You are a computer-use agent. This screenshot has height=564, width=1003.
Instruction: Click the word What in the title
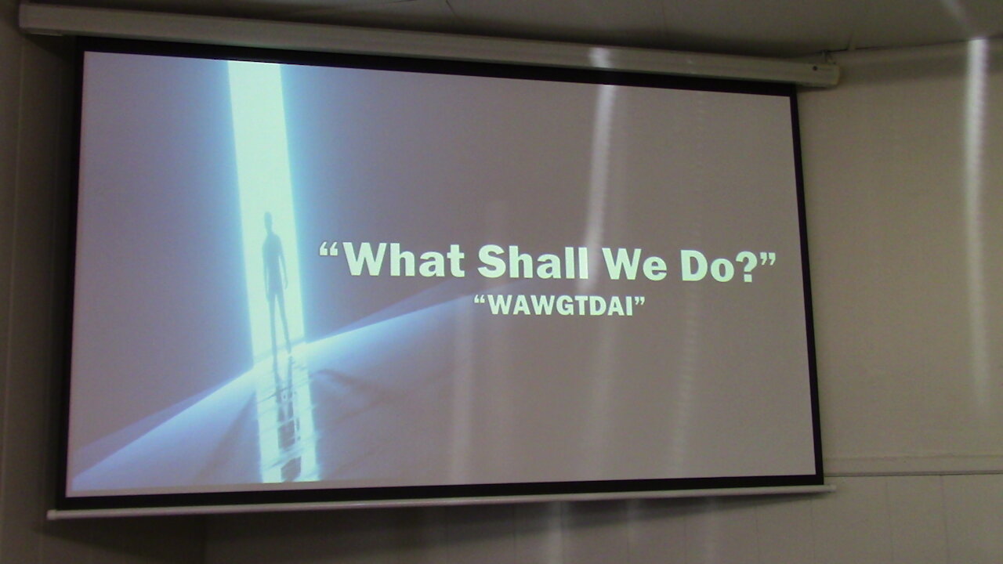point(404,261)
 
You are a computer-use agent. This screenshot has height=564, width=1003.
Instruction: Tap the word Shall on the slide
point(533,262)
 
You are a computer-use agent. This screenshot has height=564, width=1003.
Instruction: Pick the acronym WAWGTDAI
point(559,305)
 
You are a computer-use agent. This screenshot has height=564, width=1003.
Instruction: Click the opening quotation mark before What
point(329,249)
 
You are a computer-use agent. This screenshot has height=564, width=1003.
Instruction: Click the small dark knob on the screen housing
point(814,68)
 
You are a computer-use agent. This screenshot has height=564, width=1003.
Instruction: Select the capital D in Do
point(695,266)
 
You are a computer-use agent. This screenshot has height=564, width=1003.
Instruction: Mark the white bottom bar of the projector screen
point(441,502)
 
